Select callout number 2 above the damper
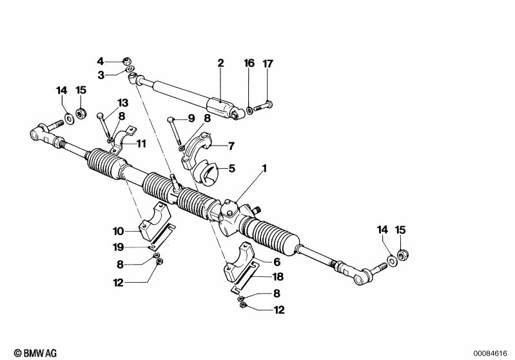coord(220,63)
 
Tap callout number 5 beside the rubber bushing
coord(233,169)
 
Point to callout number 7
coord(231,146)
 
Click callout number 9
coord(191,118)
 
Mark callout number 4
coord(101,61)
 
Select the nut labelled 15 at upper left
coord(82,114)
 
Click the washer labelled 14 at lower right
coord(392,263)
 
